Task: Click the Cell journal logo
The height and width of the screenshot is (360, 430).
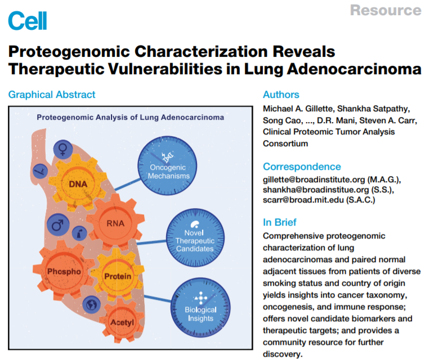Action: coord(28,21)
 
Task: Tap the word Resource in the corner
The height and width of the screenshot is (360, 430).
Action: coord(386,10)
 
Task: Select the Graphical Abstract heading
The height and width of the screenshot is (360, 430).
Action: coord(52,94)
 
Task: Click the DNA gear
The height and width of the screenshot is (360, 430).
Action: coord(78,183)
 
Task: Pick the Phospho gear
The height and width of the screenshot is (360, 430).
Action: coord(64,271)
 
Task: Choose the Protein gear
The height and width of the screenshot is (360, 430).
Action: coord(118,276)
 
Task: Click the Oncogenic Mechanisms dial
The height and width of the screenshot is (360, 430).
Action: coord(167,166)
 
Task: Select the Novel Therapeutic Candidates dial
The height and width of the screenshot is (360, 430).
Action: coord(195,237)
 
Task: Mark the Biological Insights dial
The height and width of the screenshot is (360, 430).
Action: coord(200,308)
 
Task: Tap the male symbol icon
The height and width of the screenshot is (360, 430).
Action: coord(58,224)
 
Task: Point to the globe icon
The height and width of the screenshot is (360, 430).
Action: coord(92,305)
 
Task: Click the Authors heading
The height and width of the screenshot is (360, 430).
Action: coord(281,94)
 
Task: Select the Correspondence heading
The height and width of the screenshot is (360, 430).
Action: coord(302,166)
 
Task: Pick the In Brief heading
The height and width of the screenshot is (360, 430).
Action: coord(280,222)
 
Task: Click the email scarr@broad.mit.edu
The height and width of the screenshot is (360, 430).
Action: coord(303,200)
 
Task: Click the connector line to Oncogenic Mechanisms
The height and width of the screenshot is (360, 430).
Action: coord(128,184)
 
